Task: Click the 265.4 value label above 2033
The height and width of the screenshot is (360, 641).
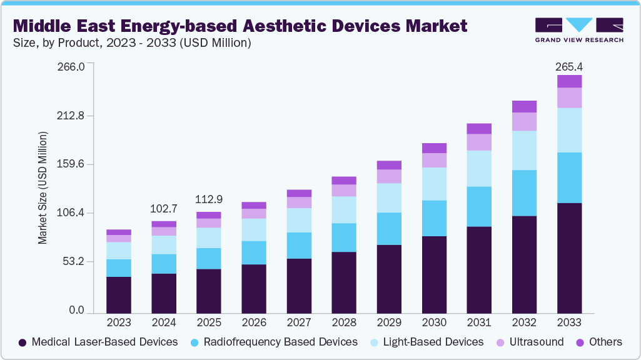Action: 569,67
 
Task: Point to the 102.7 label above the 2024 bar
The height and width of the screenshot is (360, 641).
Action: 164,208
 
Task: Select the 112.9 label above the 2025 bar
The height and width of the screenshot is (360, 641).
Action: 209,199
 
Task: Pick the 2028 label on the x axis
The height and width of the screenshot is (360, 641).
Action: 343,322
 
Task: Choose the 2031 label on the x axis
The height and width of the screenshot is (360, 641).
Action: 479,322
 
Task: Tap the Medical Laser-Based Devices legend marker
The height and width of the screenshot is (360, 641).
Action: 23,342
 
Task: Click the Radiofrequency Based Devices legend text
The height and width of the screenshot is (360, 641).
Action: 281,342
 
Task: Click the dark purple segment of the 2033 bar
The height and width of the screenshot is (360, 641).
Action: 569,257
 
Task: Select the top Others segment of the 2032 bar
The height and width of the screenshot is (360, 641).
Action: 524,106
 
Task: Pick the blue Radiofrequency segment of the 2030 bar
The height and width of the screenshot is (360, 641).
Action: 434,218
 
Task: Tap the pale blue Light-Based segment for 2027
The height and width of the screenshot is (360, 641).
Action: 298,220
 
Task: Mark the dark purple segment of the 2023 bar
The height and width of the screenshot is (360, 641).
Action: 119,294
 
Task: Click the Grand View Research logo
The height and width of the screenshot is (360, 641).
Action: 579,30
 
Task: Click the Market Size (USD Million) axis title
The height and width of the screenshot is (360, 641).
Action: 43,187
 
